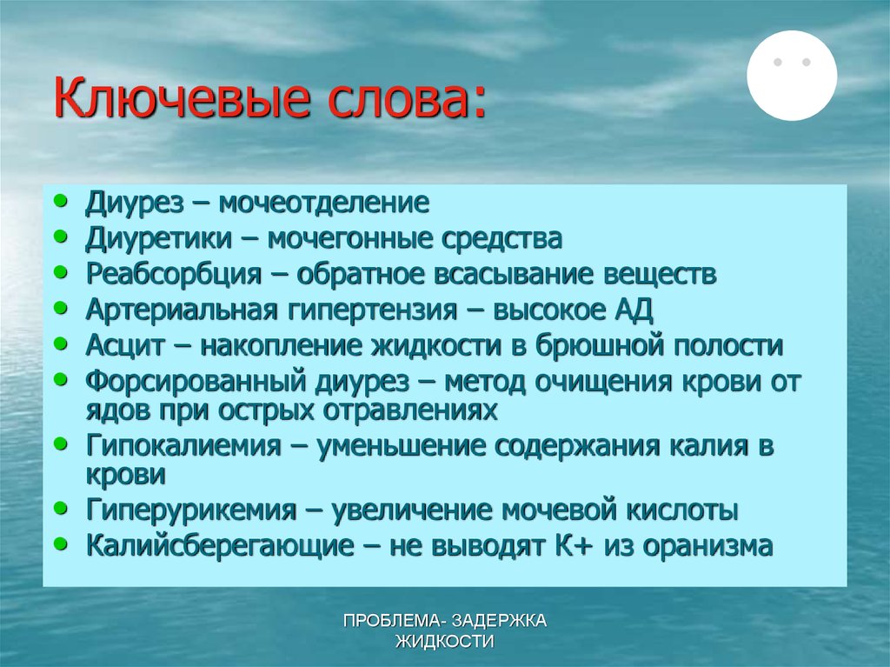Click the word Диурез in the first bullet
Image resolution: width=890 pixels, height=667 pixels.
click(135, 203)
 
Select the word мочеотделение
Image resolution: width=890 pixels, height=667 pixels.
click(324, 203)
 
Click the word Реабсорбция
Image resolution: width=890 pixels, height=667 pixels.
click(173, 274)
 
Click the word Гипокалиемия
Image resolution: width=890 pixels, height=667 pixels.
click(183, 446)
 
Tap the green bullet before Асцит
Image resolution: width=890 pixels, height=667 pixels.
click(59, 343)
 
